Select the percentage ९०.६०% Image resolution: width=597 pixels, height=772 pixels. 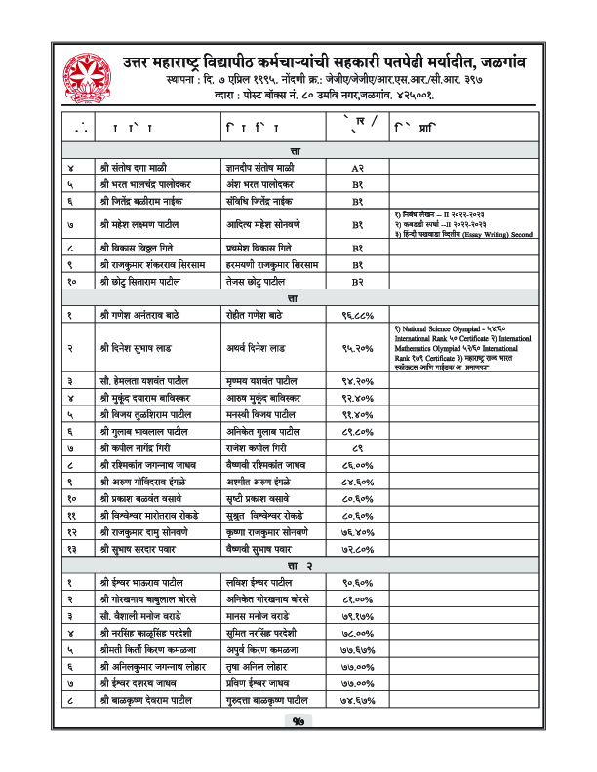tap(358, 583)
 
